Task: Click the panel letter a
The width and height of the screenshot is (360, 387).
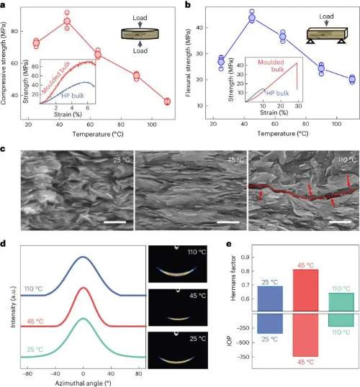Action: pos(4,5)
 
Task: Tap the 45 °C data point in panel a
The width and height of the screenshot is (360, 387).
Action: pos(67,22)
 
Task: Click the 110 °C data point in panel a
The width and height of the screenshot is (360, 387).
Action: pos(167,101)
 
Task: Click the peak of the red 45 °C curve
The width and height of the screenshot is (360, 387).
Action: pos(84,288)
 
